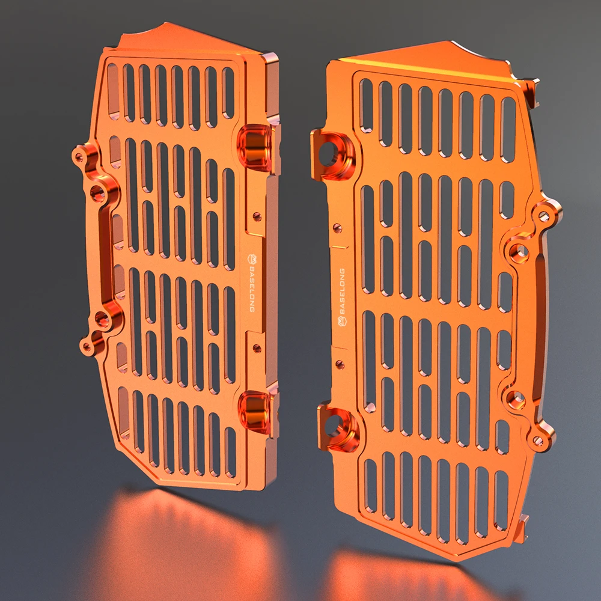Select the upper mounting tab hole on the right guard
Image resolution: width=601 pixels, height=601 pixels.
[328, 154]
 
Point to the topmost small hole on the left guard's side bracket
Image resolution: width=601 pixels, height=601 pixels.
[79, 157]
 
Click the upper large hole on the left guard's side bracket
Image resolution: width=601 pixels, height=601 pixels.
[97, 193]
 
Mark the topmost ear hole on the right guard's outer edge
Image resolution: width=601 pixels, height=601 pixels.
[545, 215]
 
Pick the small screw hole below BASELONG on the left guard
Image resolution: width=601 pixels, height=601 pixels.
[257, 348]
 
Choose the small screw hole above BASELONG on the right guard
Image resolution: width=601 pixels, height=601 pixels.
[337, 228]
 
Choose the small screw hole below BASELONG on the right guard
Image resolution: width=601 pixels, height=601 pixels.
[340, 364]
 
